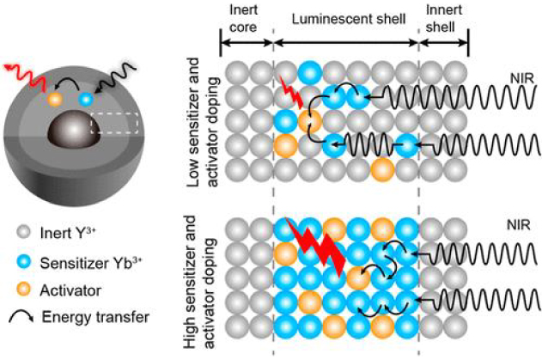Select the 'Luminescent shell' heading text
pos(346,17)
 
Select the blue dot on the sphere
pos(85,100)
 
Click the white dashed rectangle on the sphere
pos(114,123)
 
